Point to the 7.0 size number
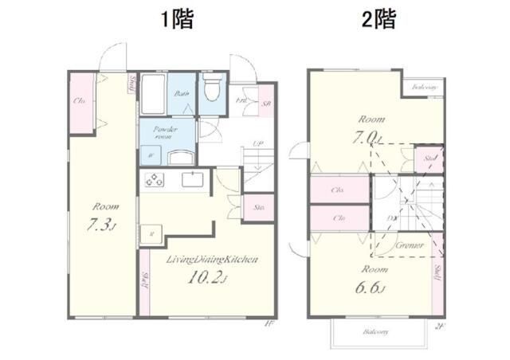click(368, 136)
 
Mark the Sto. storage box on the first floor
click(260, 207)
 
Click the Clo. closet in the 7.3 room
click(80, 101)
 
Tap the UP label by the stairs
click(257, 144)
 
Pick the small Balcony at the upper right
click(423, 86)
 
